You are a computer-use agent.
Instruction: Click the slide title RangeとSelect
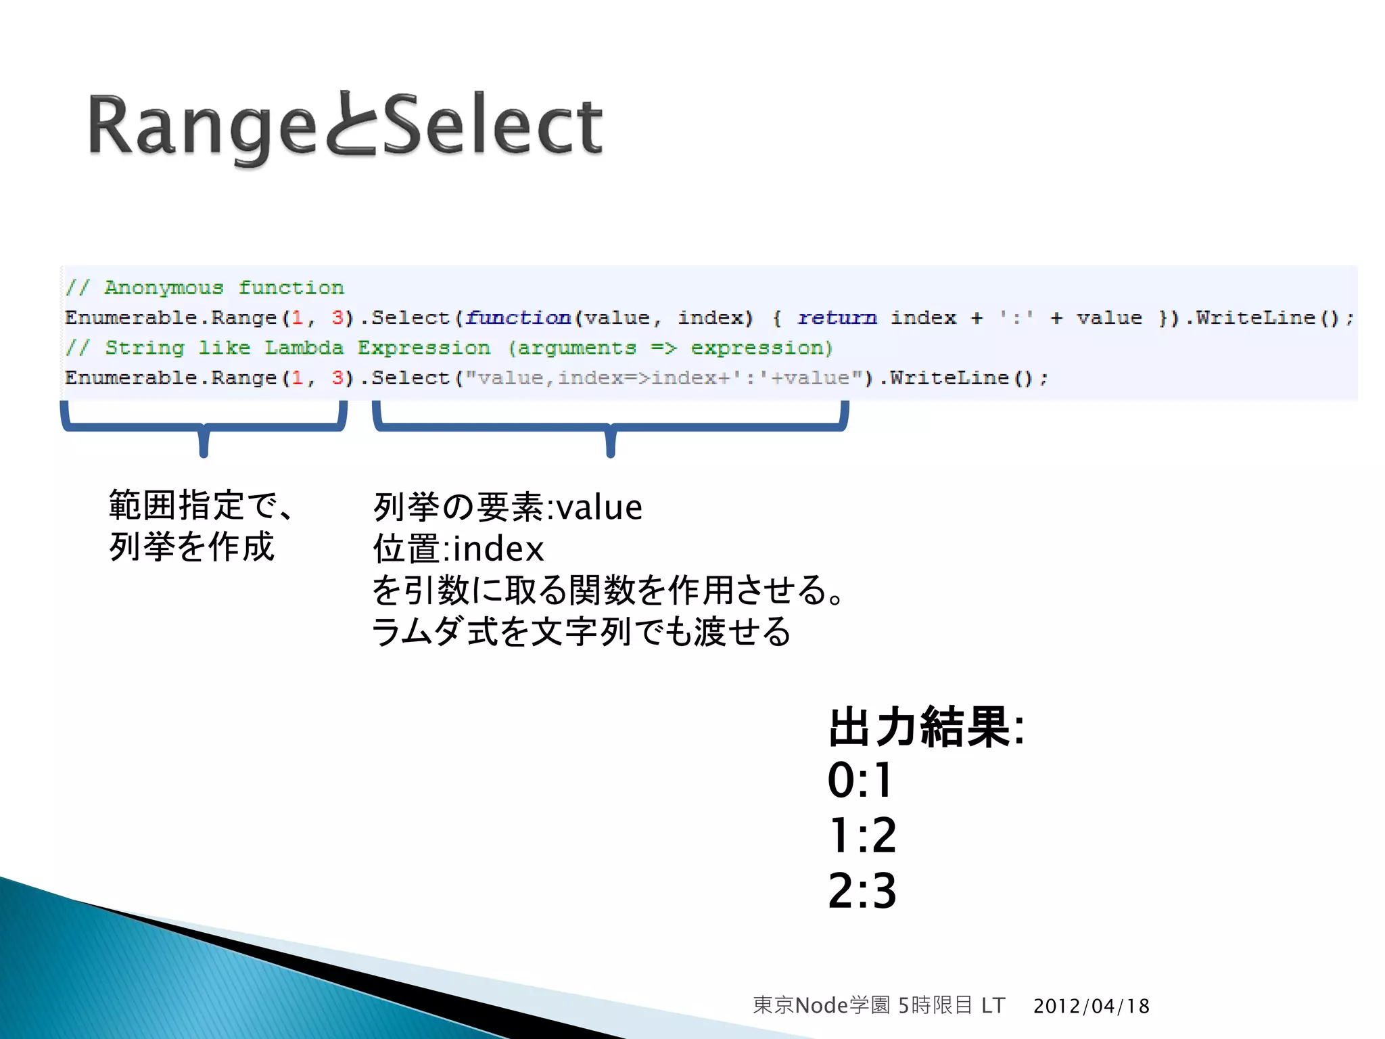[x=345, y=125]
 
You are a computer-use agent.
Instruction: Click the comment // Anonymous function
[x=205, y=287]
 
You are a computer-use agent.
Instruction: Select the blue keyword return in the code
[x=837, y=318]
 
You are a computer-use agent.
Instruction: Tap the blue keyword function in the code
[x=518, y=318]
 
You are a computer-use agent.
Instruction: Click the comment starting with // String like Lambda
[x=449, y=348]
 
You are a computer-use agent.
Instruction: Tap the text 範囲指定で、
[x=202, y=506]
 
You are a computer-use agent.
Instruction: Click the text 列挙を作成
[x=191, y=547]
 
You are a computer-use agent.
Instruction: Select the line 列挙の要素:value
[x=507, y=507]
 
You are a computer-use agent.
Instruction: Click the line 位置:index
[x=458, y=549]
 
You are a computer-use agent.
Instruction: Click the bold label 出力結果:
[x=926, y=728]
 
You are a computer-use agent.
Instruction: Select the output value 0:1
[x=861, y=780]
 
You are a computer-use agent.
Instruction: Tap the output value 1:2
[x=862, y=835]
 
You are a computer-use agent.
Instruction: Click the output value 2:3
[x=862, y=891]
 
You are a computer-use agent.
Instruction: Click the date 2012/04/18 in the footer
[x=1091, y=1006]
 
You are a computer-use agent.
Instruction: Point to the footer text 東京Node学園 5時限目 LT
[x=878, y=1005]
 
